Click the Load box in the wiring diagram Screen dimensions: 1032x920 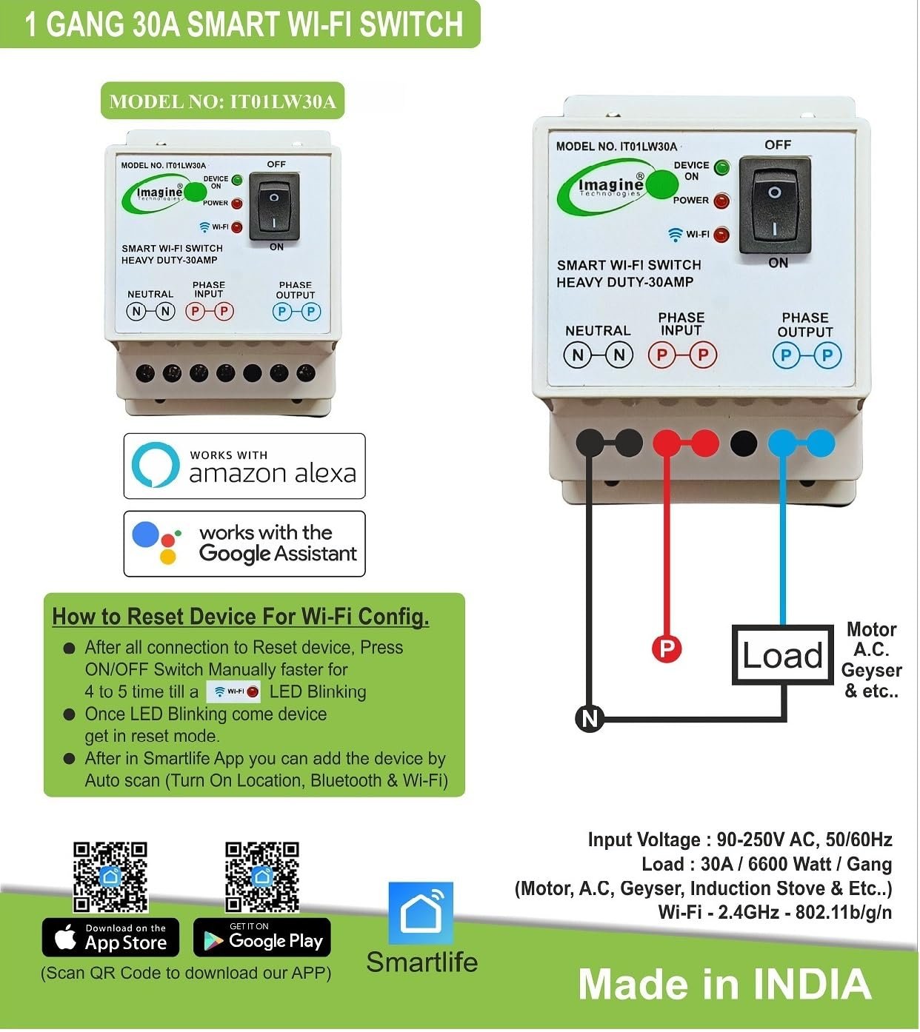tap(782, 655)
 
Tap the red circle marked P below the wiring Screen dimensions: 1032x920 tap(666, 649)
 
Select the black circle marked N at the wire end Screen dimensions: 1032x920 tap(590, 718)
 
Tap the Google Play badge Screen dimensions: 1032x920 tap(262, 939)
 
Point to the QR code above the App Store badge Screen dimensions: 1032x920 tap(110, 877)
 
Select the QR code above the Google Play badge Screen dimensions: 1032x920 tap(262, 877)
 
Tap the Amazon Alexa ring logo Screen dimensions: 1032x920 tap(156, 466)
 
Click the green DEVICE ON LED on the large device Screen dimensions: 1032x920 tap(721, 167)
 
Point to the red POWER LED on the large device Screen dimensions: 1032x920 tap(721, 201)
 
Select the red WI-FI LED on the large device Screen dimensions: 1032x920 tap(721, 235)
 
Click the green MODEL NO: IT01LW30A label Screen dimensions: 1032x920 tap(222, 101)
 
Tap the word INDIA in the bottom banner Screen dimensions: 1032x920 tap(812, 985)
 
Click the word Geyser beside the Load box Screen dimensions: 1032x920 tap(871, 671)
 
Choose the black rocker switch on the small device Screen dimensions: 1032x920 tap(275, 207)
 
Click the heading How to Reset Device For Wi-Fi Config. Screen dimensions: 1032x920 tap(241, 617)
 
